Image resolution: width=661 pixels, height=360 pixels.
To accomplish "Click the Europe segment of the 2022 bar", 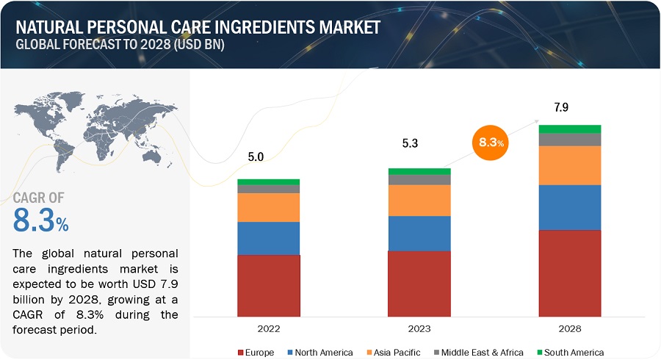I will pyautogui.click(x=269, y=285).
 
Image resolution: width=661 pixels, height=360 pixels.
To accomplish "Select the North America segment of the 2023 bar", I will pyautogui.click(x=419, y=233).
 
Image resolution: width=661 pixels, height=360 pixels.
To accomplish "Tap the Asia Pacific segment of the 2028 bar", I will pyautogui.click(x=570, y=165).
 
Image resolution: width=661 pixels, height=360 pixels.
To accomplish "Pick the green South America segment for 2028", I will pyautogui.click(x=570, y=129).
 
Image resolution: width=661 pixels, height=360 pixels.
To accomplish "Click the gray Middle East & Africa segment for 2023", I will pyautogui.click(x=419, y=180).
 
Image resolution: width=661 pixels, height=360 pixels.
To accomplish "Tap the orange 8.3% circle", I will pyautogui.click(x=490, y=143).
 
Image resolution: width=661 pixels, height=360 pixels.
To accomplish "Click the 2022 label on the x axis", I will pyautogui.click(x=269, y=329).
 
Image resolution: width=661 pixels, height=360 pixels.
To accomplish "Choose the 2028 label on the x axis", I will pyautogui.click(x=570, y=329).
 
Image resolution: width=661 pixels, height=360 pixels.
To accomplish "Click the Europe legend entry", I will pyautogui.click(x=256, y=353).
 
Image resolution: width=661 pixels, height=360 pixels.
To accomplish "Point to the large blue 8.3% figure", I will pyautogui.click(x=41, y=220).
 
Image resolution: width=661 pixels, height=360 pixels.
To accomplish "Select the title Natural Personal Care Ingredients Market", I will pyautogui.click(x=198, y=28).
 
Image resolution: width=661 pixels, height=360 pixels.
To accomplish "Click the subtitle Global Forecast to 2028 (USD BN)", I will pyautogui.click(x=120, y=44).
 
